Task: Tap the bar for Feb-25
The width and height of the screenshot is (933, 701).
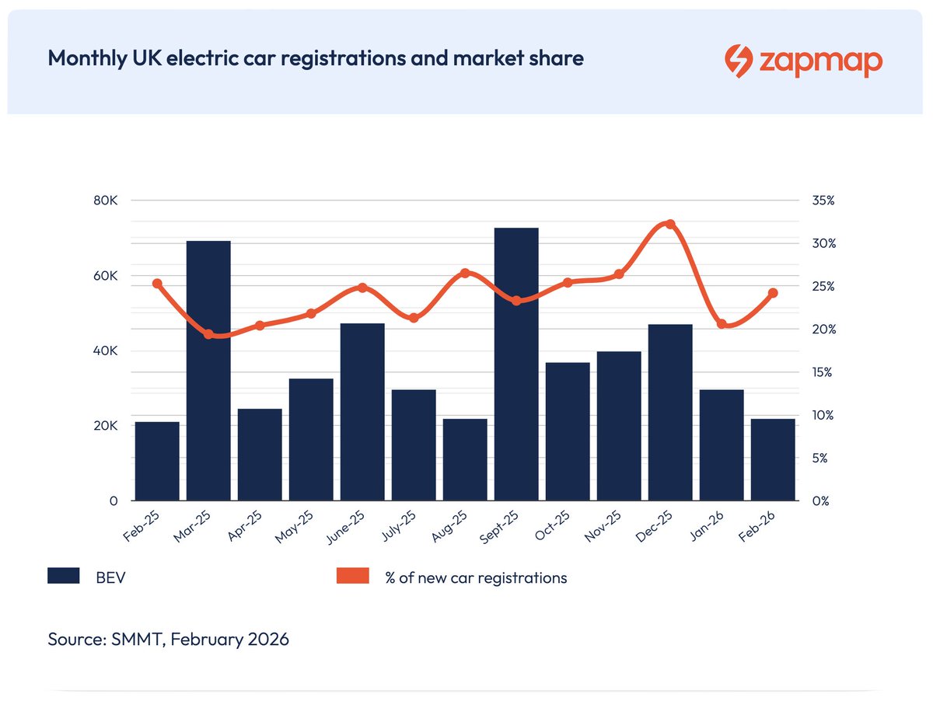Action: pos(157,461)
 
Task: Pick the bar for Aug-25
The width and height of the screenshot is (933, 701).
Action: pos(465,459)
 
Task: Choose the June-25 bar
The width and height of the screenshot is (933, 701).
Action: pos(362,411)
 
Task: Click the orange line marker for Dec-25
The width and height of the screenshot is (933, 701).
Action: pos(670,224)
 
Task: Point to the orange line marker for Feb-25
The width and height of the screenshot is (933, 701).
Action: pos(157,284)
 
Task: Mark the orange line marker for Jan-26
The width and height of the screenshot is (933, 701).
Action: pos(722,323)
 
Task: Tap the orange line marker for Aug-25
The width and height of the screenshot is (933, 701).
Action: pos(465,273)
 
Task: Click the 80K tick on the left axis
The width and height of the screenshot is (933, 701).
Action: pos(106,201)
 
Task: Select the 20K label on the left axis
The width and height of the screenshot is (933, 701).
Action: pos(106,426)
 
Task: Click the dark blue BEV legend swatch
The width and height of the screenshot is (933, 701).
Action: pos(64,576)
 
